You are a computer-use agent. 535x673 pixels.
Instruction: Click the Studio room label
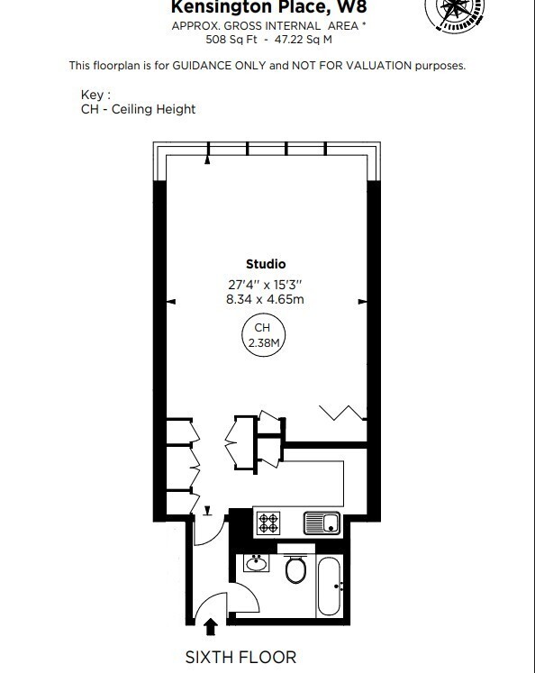tap(266, 264)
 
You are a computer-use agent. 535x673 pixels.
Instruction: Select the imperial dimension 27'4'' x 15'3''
tap(265, 285)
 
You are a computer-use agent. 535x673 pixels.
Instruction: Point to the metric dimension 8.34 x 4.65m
tap(265, 299)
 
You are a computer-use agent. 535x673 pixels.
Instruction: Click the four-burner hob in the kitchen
tap(268, 523)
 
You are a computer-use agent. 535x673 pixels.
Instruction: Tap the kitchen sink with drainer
tap(322, 523)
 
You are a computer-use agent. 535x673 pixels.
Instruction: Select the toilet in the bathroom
tap(295, 568)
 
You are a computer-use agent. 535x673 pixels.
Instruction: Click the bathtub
tap(330, 587)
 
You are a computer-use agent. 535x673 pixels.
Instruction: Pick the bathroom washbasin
tap(257, 563)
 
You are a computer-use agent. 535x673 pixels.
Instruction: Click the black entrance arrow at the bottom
tap(210, 627)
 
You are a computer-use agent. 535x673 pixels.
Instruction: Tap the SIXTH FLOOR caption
tap(240, 657)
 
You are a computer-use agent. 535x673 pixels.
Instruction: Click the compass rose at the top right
tap(455, 13)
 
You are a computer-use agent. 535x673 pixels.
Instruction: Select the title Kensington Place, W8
tap(269, 7)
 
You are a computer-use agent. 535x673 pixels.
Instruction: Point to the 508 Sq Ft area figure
tap(231, 40)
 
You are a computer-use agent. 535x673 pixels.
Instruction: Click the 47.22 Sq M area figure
tap(304, 40)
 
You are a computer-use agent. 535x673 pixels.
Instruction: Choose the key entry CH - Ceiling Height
tap(138, 109)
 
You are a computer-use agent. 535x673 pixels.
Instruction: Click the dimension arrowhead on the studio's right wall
tap(362, 302)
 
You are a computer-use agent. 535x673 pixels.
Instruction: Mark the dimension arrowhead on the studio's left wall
tap(171, 302)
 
